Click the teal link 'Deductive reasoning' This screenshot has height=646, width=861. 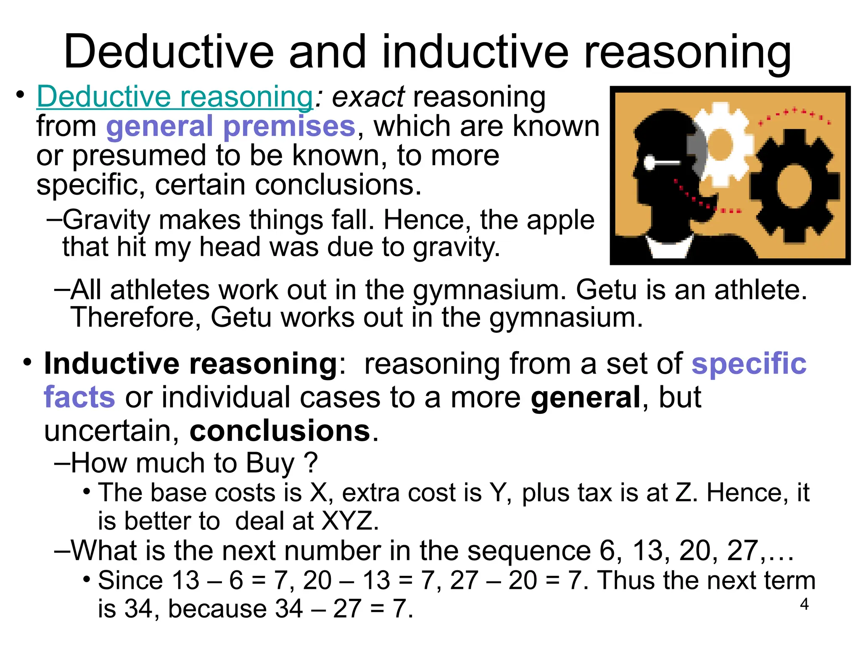click(174, 97)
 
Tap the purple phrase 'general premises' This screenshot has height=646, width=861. click(231, 126)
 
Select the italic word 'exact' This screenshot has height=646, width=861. click(368, 97)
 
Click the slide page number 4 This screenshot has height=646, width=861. click(804, 604)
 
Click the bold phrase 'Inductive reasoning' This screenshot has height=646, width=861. click(190, 363)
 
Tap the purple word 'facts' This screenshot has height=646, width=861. click(79, 397)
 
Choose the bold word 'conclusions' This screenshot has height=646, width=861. click(280, 431)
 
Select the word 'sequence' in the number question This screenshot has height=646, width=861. click(529, 551)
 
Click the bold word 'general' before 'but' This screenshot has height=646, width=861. click(586, 397)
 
